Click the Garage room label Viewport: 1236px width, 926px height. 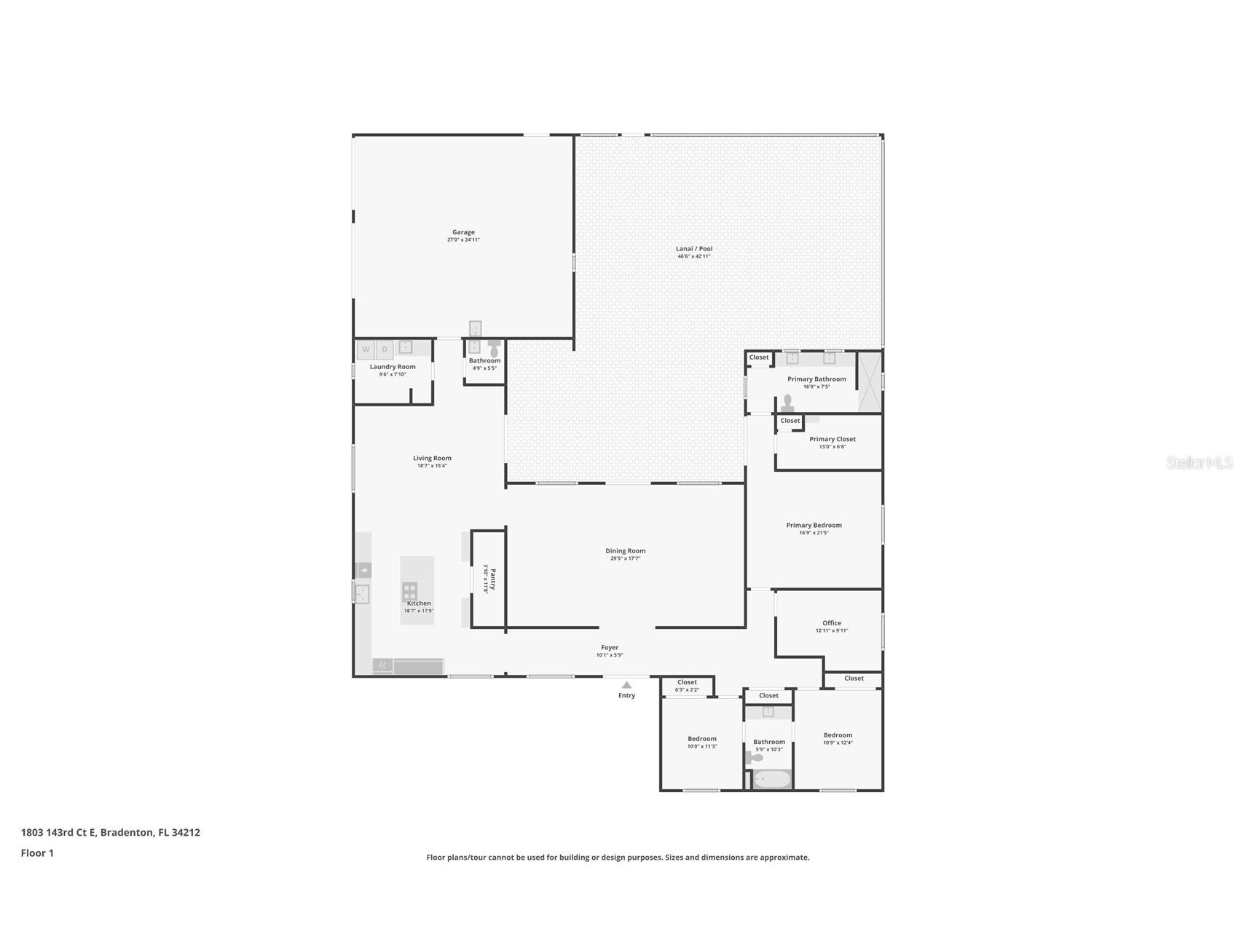[x=463, y=232]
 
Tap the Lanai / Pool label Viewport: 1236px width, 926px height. [x=693, y=249]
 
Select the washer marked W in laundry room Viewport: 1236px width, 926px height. [x=366, y=350]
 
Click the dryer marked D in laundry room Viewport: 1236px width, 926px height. [x=385, y=350]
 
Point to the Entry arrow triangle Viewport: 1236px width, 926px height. [x=626, y=685]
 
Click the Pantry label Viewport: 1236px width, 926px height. [x=492, y=579]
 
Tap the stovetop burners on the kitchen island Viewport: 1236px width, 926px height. [x=410, y=591]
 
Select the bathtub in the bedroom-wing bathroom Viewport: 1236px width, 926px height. [x=771, y=780]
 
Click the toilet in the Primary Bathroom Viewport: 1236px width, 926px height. [x=787, y=404]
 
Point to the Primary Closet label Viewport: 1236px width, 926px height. [x=832, y=439]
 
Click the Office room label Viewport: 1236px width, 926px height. [x=832, y=623]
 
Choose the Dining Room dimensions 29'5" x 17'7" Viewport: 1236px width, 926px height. [x=625, y=558]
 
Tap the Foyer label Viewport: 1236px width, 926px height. [x=610, y=647]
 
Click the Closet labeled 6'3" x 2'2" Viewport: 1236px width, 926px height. [x=687, y=686]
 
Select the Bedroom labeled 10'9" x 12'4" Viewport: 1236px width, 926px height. [x=838, y=735]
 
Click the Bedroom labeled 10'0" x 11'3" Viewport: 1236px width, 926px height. [x=702, y=739]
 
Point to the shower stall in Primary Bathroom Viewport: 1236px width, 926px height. [x=869, y=381]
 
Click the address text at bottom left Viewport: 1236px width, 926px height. [x=111, y=832]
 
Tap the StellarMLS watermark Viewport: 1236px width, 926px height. [x=1199, y=462]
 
